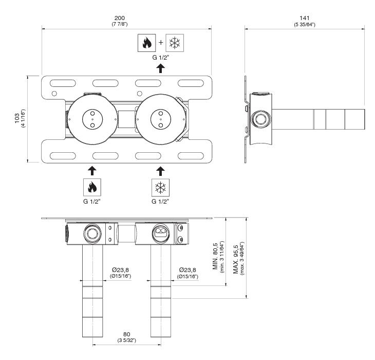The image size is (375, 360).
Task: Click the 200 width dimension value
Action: pyautogui.click(x=120, y=18)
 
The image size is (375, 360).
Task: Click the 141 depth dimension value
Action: pyautogui.click(x=305, y=18)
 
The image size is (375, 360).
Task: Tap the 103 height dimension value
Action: pyautogui.click(x=17, y=118)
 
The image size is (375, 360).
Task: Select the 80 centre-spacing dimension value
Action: pyautogui.click(x=127, y=334)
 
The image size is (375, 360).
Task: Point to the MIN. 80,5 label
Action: pyautogui.click(x=215, y=256)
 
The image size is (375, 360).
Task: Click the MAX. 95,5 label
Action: pyautogui.click(x=236, y=259)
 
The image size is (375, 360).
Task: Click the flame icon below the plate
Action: pyautogui.click(x=92, y=187)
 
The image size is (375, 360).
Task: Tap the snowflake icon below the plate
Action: pyautogui.click(x=160, y=187)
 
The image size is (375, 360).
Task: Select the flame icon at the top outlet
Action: pyautogui.click(x=146, y=43)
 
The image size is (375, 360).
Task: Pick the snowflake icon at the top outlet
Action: pyautogui.click(x=175, y=43)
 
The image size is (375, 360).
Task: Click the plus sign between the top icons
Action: pyautogui.click(x=161, y=43)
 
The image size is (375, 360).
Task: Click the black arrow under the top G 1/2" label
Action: pyautogui.click(x=160, y=68)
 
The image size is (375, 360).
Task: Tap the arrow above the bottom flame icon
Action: pyautogui.click(x=92, y=171)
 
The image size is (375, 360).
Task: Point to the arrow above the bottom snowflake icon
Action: pyautogui.click(x=160, y=171)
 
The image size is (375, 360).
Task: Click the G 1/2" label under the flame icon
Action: pyautogui.click(x=92, y=202)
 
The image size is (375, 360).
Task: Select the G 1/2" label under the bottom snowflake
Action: pyautogui.click(x=160, y=202)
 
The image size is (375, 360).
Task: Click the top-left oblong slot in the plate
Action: pyautogui.click(x=63, y=83)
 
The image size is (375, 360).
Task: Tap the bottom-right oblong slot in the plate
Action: pyautogui.click(x=191, y=156)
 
